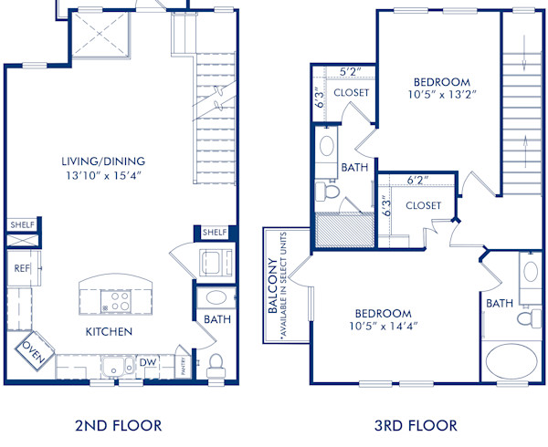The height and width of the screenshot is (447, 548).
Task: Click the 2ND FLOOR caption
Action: tap(119, 425)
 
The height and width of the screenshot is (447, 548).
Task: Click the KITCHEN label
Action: tap(110, 331)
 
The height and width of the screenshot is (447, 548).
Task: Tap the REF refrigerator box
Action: tap(20, 268)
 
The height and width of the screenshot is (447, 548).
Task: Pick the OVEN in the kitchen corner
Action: tap(34, 351)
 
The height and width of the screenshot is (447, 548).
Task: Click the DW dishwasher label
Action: tap(147, 363)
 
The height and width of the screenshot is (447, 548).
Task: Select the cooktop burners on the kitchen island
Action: tap(120, 296)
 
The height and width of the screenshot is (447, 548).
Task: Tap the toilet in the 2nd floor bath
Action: tap(216, 365)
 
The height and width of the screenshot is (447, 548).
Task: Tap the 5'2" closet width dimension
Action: tap(352, 70)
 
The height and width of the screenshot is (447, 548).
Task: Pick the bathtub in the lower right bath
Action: tap(513, 359)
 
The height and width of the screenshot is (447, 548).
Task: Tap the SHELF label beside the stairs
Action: tap(215, 233)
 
